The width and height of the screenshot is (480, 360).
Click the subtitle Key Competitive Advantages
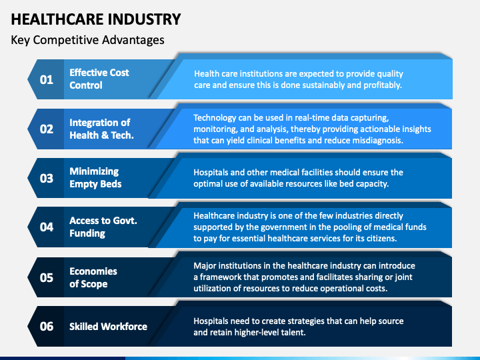87,40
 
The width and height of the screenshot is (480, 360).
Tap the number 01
46,80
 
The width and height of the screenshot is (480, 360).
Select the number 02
46,129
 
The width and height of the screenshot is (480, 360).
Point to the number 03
46,178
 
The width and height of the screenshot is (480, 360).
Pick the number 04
46,227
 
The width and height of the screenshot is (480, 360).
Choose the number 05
46,277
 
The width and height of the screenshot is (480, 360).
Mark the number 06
46,327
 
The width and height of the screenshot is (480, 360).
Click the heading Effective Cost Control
99,79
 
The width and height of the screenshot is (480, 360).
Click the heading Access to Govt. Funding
103,227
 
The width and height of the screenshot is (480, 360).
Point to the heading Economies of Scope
93,277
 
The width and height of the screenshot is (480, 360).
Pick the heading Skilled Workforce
108,327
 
